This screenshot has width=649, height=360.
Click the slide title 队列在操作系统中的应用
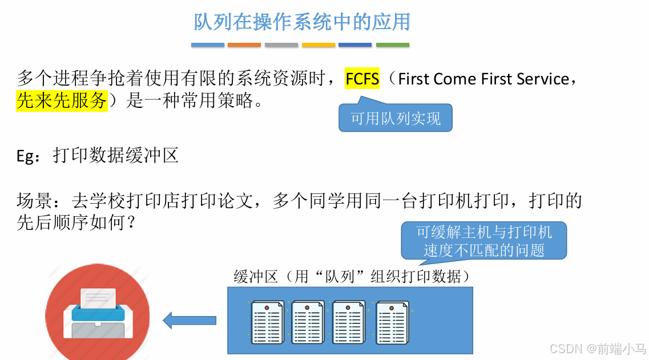[x=302, y=22]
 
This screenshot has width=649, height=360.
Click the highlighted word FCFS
[x=362, y=78]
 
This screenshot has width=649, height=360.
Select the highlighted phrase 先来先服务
[x=62, y=100]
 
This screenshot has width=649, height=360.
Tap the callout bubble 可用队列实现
[x=395, y=118]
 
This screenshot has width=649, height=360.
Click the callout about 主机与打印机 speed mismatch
[x=483, y=240]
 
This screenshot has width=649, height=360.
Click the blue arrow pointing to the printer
[x=190, y=320]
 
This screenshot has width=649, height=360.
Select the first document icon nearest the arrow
[x=267, y=322]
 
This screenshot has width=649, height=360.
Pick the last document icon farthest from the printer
[x=392, y=322]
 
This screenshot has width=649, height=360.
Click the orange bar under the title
[x=244, y=45]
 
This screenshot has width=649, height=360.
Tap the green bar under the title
[x=392, y=45]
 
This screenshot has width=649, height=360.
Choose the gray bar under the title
[x=281, y=45]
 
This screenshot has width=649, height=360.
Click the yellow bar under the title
[x=319, y=45]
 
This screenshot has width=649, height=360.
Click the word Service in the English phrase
[x=542, y=78]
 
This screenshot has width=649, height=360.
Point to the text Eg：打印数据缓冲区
[x=98, y=155]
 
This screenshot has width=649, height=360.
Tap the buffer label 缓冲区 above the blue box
[x=255, y=277]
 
